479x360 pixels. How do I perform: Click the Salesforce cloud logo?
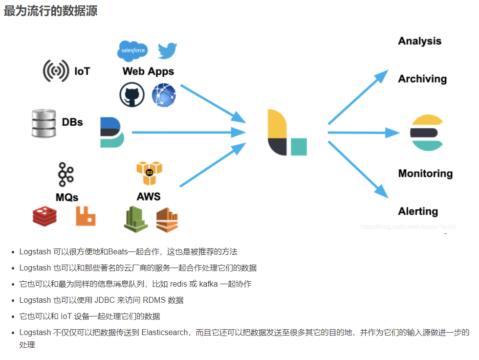click(132, 51)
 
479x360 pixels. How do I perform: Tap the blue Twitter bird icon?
click(167, 51)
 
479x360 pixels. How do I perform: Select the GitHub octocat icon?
click(132, 94)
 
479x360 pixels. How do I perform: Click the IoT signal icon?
click(56, 71)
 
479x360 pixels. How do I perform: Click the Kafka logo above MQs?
click(65, 175)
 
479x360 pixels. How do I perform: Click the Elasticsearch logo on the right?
click(427, 133)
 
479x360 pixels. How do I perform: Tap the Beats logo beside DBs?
click(112, 132)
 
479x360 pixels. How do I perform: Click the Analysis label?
click(419, 41)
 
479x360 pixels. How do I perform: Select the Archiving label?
click(422, 79)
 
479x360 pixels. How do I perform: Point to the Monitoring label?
click(425, 174)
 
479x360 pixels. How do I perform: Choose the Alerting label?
click(418, 211)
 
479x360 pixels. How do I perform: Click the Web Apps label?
click(148, 71)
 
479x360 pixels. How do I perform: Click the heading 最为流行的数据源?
click(50, 11)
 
